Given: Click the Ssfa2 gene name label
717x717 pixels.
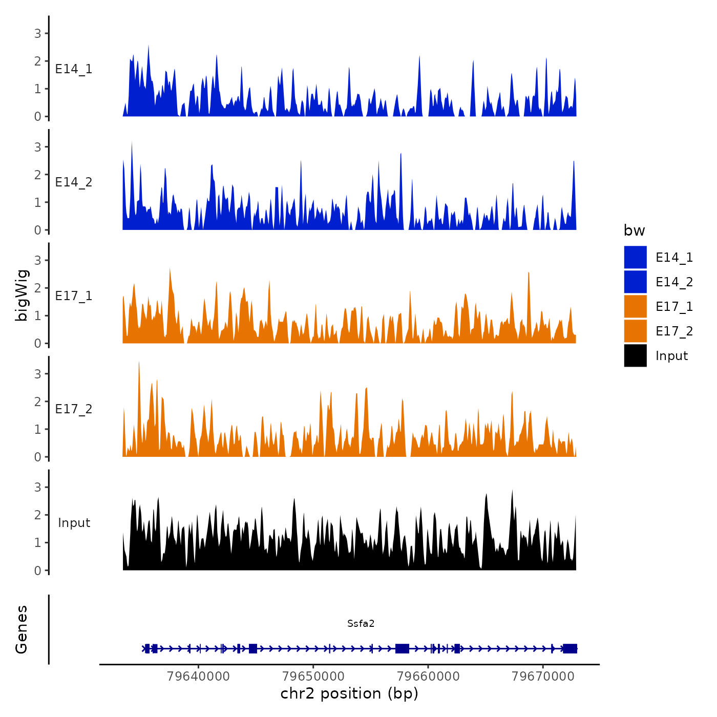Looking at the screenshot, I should [361, 623].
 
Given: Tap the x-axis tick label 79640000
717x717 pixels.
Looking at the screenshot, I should [198, 677].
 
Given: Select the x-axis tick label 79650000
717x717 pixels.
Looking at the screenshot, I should [313, 677].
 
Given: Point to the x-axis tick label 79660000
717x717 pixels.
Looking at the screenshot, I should [428, 677].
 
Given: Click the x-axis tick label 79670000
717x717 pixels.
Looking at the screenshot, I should [543, 677].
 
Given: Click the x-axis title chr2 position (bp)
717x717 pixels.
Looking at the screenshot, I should [349, 693].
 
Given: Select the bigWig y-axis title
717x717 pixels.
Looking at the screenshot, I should [22, 296].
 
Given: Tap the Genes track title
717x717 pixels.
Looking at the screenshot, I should [22, 629].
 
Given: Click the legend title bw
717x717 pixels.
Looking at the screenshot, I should [634, 230].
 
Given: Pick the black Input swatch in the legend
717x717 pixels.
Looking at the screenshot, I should [635, 355].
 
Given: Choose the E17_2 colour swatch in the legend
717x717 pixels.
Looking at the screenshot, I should [635, 331].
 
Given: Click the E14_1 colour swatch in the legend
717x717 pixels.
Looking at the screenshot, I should [635, 257].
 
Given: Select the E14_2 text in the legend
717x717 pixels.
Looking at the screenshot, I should [674, 282].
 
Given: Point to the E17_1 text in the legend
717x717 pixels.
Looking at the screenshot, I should [674, 307].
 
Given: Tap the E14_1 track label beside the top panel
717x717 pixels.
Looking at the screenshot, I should [74, 69].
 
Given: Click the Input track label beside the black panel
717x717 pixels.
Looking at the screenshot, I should [74, 523].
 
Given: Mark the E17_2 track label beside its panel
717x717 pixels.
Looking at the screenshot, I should [74, 409].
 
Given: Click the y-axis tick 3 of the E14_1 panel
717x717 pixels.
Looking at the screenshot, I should [37, 34].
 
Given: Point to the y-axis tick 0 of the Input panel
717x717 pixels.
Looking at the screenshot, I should [37, 571].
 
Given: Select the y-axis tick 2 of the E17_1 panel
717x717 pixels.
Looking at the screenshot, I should [37, 288].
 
